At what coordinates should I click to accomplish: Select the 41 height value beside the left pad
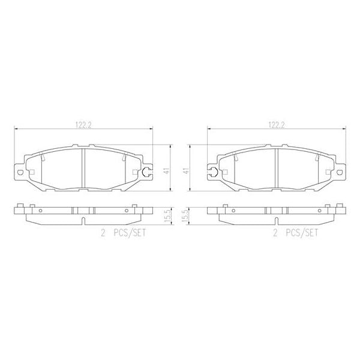point(166,170)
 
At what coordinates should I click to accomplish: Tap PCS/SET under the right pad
point(301,234)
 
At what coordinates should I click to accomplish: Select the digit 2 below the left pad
point(103,234)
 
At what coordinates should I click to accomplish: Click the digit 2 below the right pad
point(275,234)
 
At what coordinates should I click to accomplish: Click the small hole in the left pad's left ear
point(19,175)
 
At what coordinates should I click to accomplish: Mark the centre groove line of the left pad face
point(83,169)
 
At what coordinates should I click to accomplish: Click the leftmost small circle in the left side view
point(40,211)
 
